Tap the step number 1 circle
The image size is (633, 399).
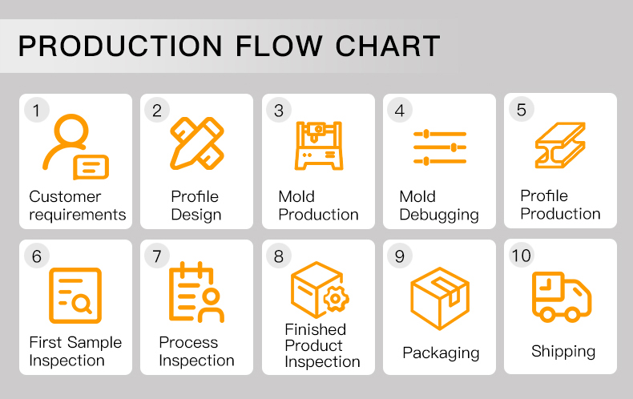point(35,110)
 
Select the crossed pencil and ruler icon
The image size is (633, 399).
point(196,143)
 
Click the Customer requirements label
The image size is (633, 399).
point(77,206)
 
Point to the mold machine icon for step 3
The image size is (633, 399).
point(318,145)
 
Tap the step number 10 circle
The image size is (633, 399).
point(521,255)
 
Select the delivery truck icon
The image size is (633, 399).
point(561,296)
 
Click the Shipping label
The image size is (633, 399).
point(563,351)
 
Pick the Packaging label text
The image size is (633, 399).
point(441,353)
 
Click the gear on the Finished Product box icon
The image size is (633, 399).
point(335,300)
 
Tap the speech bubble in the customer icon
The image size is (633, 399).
point(91,167)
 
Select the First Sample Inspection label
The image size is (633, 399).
point(75,351)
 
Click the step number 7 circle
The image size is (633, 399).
point(156,256)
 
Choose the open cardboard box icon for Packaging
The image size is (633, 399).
point(439,298)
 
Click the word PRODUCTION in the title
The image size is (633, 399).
point(121,46)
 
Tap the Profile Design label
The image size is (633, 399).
point(196,206)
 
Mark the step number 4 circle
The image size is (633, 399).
point(399,110)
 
